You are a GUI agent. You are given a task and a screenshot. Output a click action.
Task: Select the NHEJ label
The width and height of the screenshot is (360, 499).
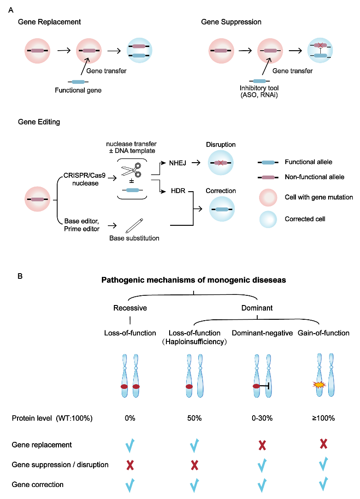[x=175, y=163]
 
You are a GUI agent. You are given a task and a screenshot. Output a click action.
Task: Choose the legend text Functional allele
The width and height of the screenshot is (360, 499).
[x=308, y=162]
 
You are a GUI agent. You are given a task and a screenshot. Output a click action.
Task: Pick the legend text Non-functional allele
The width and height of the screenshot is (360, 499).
[x=314, y=177]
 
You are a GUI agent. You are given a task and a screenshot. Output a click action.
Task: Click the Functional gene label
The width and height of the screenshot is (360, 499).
[x=77, y=90]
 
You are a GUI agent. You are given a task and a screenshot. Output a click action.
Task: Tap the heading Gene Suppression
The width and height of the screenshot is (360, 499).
[x=231, y=22]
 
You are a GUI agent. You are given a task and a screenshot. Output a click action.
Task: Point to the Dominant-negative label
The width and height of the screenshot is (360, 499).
[x=262, y=333]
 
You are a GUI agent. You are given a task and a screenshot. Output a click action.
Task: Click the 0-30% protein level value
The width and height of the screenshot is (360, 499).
[x=261, y=418]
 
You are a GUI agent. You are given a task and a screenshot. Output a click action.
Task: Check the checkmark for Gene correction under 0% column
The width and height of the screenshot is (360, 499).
[x=130, y=484]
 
